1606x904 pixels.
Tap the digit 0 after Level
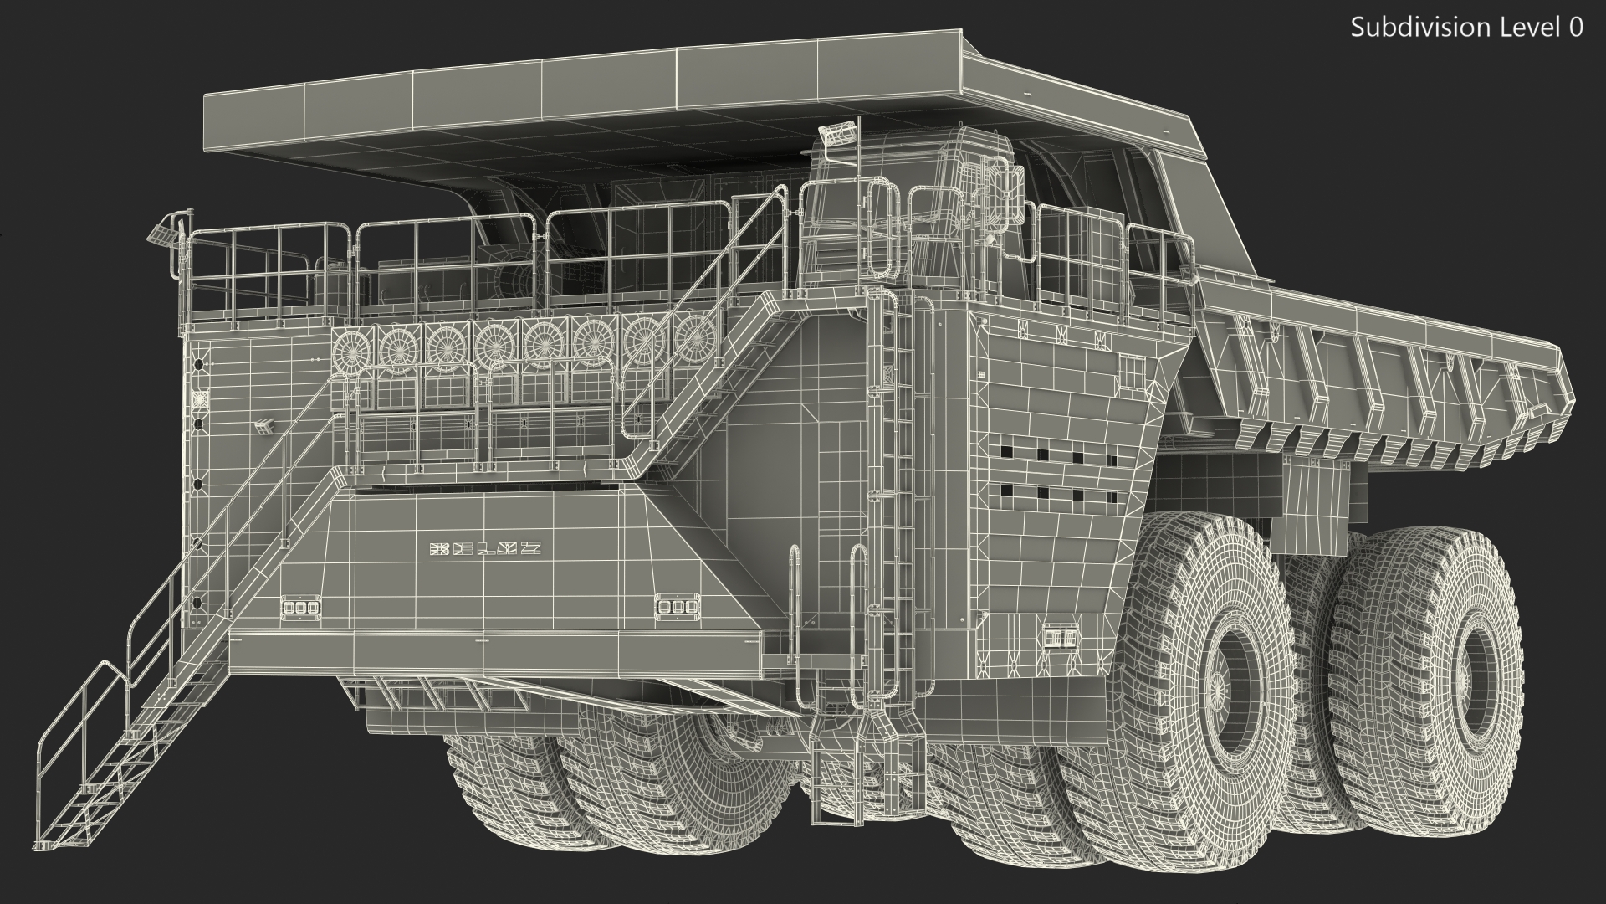click(1576, 28)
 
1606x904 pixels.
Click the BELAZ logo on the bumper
click(485, 549)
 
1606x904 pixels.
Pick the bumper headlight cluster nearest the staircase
click(297, 607)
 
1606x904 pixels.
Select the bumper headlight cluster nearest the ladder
click(671, 606)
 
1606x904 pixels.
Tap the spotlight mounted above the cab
click(839, 133)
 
